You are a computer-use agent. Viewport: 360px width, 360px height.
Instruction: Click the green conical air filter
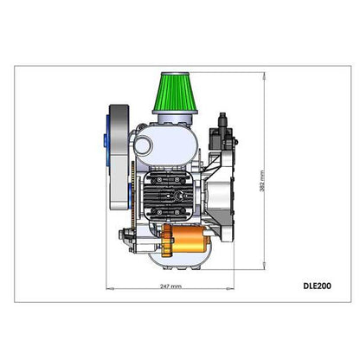point(175,93)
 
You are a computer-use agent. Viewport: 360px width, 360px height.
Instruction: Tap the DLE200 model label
point(317,286)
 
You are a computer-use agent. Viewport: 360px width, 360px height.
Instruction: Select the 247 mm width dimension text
point(170,286)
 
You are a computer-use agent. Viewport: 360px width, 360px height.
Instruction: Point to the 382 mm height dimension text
point(262,181)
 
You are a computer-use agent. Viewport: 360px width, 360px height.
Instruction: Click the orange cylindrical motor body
point(189,239)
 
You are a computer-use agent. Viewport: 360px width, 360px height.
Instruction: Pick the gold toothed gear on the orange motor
point(167,241)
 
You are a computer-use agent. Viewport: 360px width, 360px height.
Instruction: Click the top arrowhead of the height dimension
point(264,75)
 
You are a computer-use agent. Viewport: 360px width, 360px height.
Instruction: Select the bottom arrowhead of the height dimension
point(264,266)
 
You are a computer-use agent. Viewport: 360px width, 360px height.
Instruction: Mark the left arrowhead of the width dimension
point(110,288)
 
